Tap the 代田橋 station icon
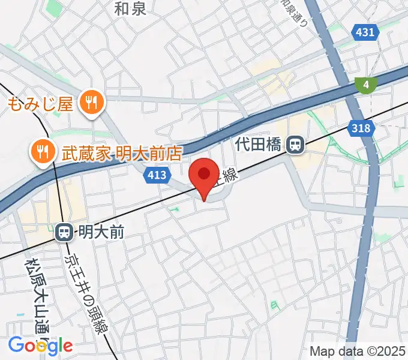pyautogui.click(x=295, y=145)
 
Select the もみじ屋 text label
pyautogui.click(x=41, y=104)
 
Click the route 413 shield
pyautogui.click(x=157, y=175)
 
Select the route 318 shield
pyautogui.click(x=361, y=127)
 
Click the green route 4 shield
pyautogui.click(x=365, y=85)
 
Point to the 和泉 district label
pyautogui.click(x=130, y=8)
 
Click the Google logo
pyautogui.click(x=41, y=345)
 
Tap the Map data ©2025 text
pyautogui.click(x=357, y=351)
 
